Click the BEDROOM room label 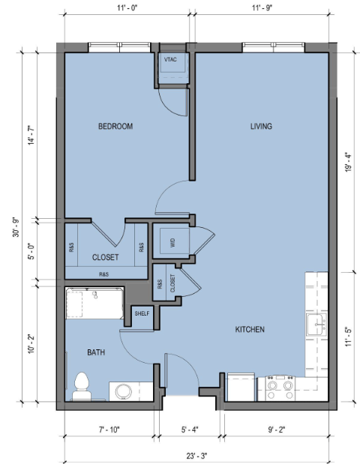pos(115,127)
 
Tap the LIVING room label pos(261,127)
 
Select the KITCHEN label pos(250,329)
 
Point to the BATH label pos(96,352)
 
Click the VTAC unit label pos(170,59)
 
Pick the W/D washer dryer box pos(175,241)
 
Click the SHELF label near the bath pos(142,313)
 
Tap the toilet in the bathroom pos(82,387)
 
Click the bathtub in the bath pos(94,304)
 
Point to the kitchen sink pos(316,325)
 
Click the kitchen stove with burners pos(280,388)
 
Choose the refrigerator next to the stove pos(241,387)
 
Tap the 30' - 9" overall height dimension pos(16,228)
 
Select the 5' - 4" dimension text pos(190,430)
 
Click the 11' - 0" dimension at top pos(127,7)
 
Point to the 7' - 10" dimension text pos(109,430)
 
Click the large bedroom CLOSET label pos(106,257)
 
